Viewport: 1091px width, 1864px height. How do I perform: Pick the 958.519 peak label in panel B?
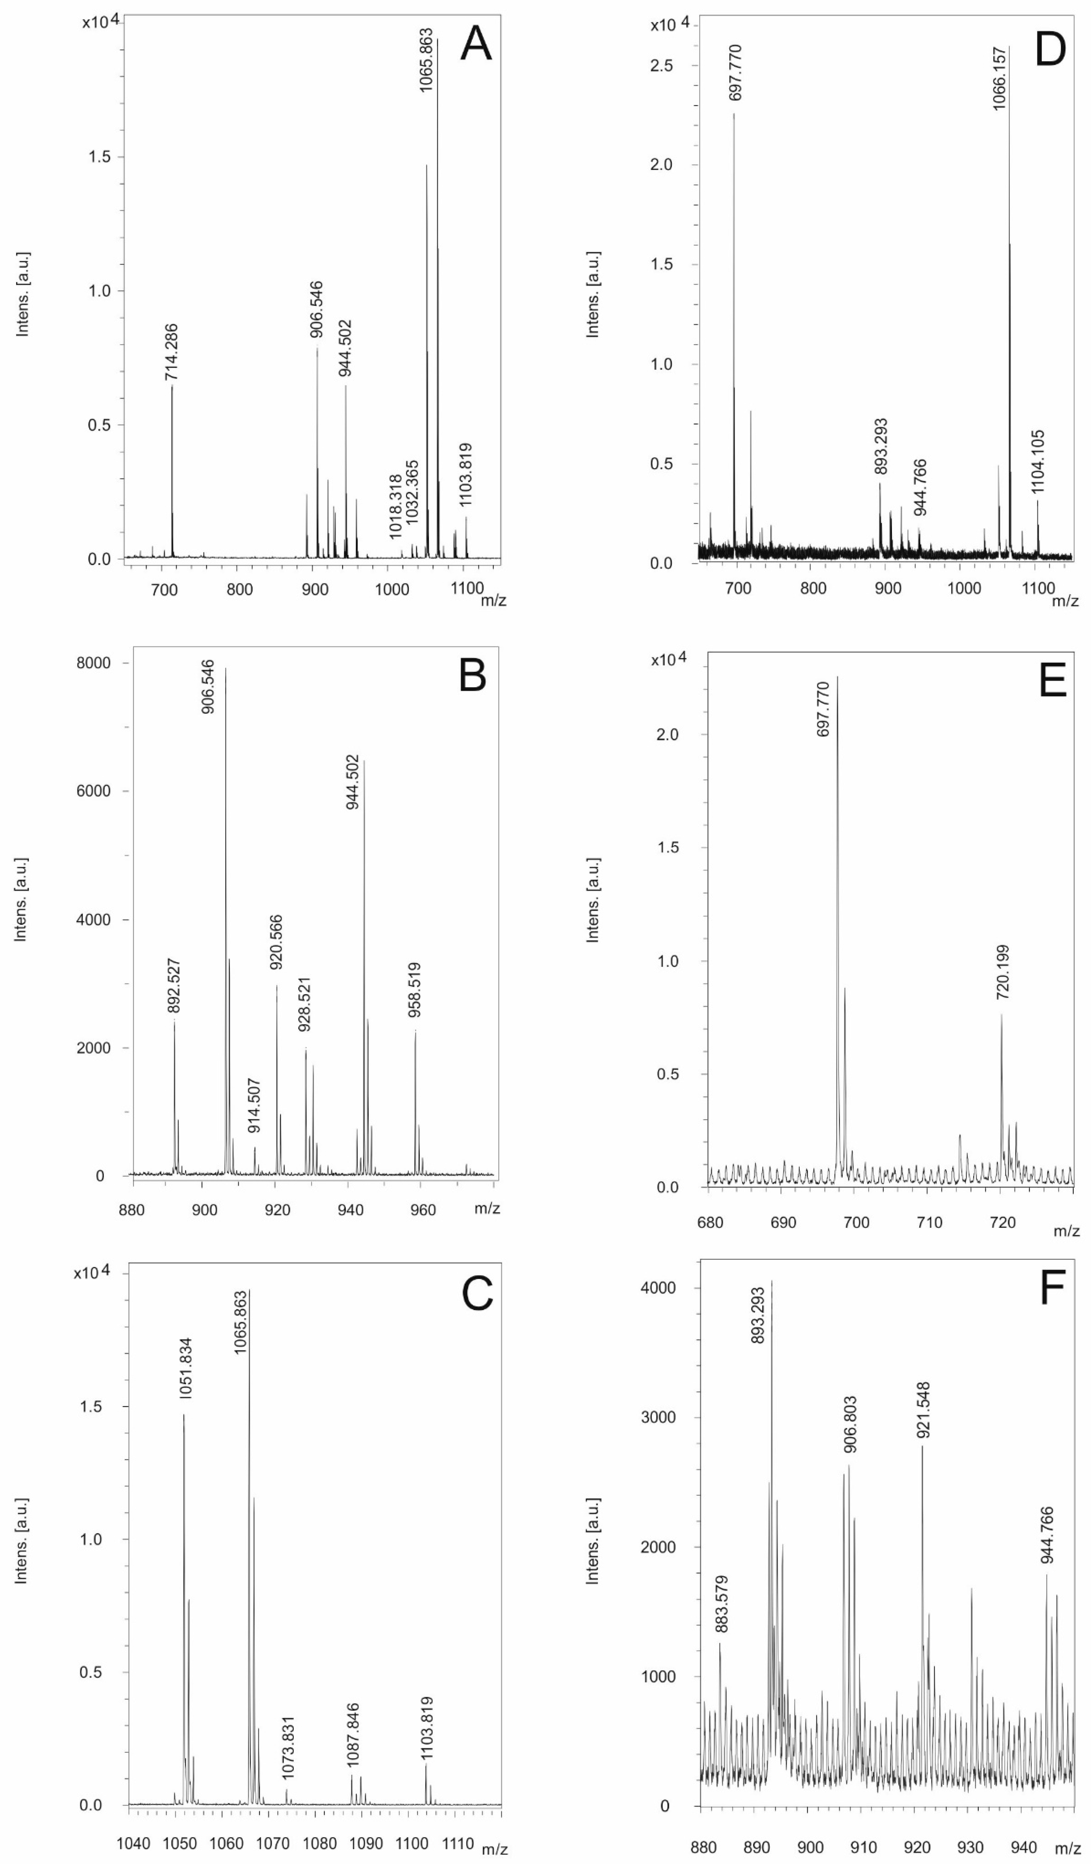click(415, 990)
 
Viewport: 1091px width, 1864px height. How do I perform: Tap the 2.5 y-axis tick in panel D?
click(662, 66)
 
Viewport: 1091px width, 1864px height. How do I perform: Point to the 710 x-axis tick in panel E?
click(929, 1223)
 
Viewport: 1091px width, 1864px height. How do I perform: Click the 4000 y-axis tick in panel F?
click(659, 1288)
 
